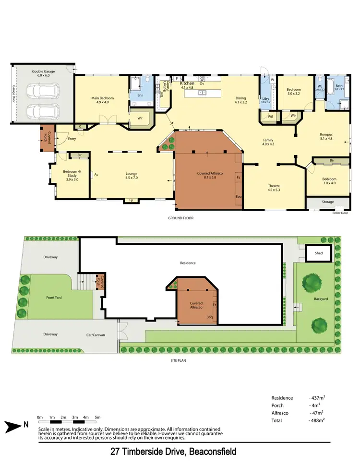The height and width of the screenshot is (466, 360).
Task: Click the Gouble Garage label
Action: (x=43, y=73)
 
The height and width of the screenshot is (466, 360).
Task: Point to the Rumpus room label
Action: (x=327, y=136)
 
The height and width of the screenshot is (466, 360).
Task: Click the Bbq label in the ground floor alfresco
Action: (x=238, y=196)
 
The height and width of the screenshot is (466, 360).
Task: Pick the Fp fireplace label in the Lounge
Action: (x=130, y=200)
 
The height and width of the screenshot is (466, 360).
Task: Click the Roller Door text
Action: (x=340, y=213)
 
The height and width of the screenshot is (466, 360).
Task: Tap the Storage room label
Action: (x=328, y=202)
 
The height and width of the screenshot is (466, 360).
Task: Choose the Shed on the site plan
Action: (x=319, y=253)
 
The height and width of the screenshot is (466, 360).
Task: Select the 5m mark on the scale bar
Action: (x=97, y=417)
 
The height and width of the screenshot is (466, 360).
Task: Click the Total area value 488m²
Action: (x=316, y=420)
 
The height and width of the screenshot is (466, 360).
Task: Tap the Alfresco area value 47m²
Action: (x=316, y=412)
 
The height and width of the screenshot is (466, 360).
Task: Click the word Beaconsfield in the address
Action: (x=212, y=452)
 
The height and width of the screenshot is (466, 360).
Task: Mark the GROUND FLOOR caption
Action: (x=180, y=217)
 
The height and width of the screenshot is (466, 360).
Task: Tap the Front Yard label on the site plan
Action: (x=54, y=298)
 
